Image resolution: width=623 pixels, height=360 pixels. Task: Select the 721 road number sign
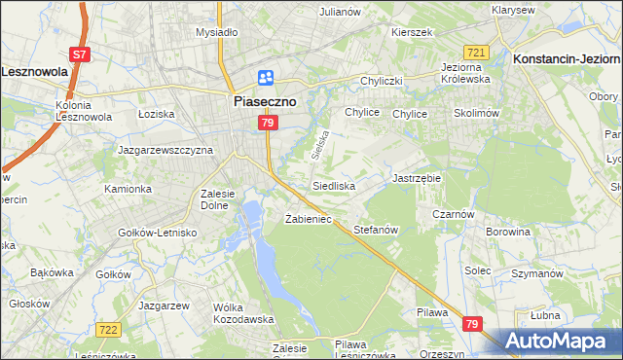(476, 52)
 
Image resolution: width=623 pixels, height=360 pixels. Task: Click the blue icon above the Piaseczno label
(266, 78)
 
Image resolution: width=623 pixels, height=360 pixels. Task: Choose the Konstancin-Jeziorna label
(566, 58)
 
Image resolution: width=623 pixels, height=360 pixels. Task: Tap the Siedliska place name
(333, 185)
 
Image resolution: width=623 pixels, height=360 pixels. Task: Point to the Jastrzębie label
(417, 179)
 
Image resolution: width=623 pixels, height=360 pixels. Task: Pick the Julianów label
(340, 12)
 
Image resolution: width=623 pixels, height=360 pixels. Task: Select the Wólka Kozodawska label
(238, 313)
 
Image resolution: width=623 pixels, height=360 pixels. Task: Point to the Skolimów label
(476, 113)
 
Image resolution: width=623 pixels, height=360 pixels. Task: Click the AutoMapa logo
(556, 342)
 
